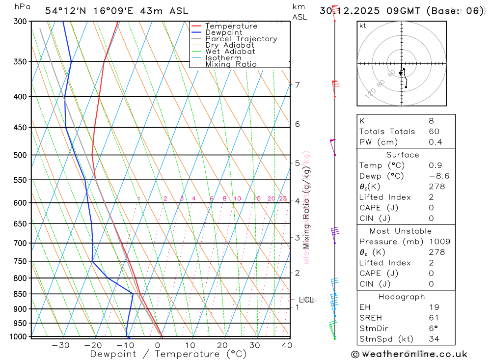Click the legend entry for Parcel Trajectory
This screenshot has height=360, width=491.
tap(241, 39)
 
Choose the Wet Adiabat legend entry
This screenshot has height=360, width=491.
tap(230, 52)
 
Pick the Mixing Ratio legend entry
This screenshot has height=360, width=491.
tap(231, 64)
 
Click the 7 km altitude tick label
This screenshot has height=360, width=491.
tap(298, 85)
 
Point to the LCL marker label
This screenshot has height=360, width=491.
tap(306, 300)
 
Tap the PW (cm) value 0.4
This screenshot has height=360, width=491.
tap(435, 142)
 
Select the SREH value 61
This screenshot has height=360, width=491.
tap(434, 318)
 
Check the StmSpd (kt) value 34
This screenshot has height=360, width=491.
tap(434, 339)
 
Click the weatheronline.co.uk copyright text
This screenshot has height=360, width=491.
tap(409, 354)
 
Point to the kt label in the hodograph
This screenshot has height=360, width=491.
tap(363, 26)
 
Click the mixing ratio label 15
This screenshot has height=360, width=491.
tap(257, 199)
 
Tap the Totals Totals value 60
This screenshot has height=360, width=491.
tap(434, 132)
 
